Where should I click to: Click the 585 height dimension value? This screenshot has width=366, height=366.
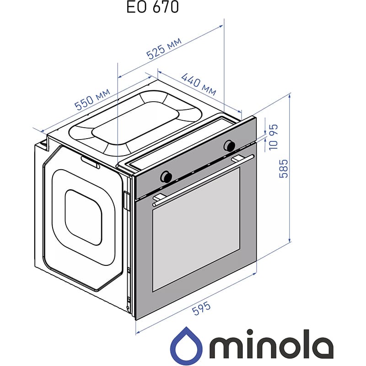pyautogui.click(x=284, y=168)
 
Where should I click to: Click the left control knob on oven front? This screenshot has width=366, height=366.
pyautogui.click(x=167, y=176)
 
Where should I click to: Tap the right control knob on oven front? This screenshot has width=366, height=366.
pyautogui.click(x=229, y=146)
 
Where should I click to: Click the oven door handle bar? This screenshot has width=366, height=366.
pyautogui.click(x=203, y=177)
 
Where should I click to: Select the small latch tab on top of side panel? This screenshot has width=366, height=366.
pyautogui.click(x=90, y=162)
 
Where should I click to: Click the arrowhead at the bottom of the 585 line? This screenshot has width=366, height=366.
pyautogui.click(x=290, y=241)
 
